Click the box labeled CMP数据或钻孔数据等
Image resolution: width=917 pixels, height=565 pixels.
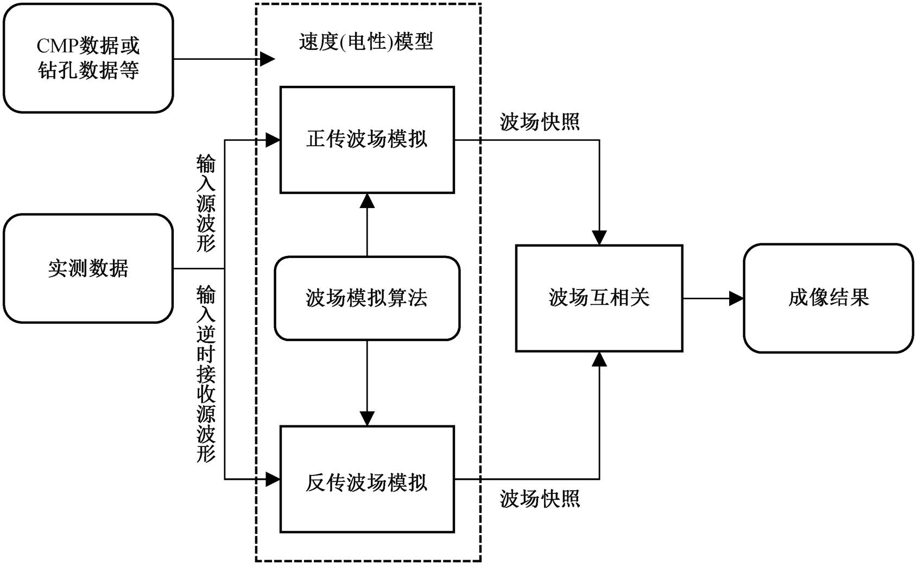(x=88, y=58)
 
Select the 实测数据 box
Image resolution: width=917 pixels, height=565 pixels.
(x=88, y=269)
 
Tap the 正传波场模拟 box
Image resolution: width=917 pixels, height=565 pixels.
(x=367, y=140)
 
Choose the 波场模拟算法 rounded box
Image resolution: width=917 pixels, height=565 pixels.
(x=367, y=298)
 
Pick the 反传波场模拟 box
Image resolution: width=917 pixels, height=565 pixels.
(x=367, y=479)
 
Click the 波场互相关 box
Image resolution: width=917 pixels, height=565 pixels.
(x=599, y=298)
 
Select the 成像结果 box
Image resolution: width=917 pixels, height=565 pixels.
(x=829, y=298)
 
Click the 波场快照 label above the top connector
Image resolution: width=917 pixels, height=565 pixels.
(x=540, y=122)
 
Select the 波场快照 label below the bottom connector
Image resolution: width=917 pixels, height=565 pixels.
(x=540, y=499)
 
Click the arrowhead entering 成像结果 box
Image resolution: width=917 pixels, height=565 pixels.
(x=736, y=298)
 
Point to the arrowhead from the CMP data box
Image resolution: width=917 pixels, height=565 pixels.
(x=267, y=59)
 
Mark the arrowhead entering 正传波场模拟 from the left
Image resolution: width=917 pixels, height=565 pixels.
(x=273, y=140)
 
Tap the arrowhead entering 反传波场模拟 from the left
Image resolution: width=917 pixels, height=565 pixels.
(x=273, y=479)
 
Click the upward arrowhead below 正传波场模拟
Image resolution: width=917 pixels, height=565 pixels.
(x=367, y=200)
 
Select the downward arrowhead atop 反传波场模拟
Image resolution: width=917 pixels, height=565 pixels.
(x=367, y=418)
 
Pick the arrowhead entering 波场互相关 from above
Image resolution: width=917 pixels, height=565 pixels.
(x=599, y=237)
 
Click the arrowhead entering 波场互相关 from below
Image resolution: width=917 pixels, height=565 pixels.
(x=599, y=359)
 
